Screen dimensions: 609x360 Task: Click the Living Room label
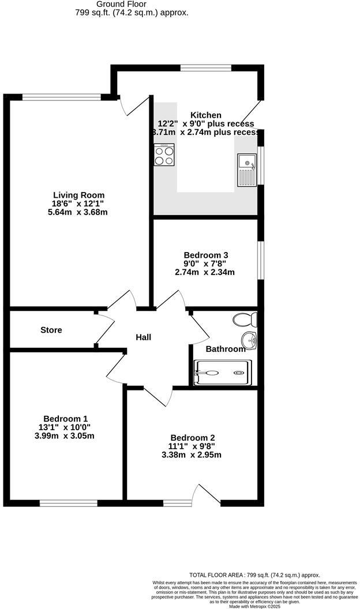(x=78, y=195)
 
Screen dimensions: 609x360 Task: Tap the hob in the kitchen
(x=164, y=155)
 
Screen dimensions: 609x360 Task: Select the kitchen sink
(x=246, y=170)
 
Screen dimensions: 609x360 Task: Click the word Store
(x=51, y=330)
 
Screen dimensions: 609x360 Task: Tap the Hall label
(x=144, y=337)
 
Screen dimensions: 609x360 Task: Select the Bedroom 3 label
(x=206, y=255)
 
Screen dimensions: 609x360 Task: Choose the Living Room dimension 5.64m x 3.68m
(x=78, y=212)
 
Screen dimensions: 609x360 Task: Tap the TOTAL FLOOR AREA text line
(x=254, y=575)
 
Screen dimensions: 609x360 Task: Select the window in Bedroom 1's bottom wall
(x=65, y=503)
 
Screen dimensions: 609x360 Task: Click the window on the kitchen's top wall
(x=206, y=68)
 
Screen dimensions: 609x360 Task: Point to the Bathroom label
(x=226, y=349)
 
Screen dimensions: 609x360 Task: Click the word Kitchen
(x=206, y=115)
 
